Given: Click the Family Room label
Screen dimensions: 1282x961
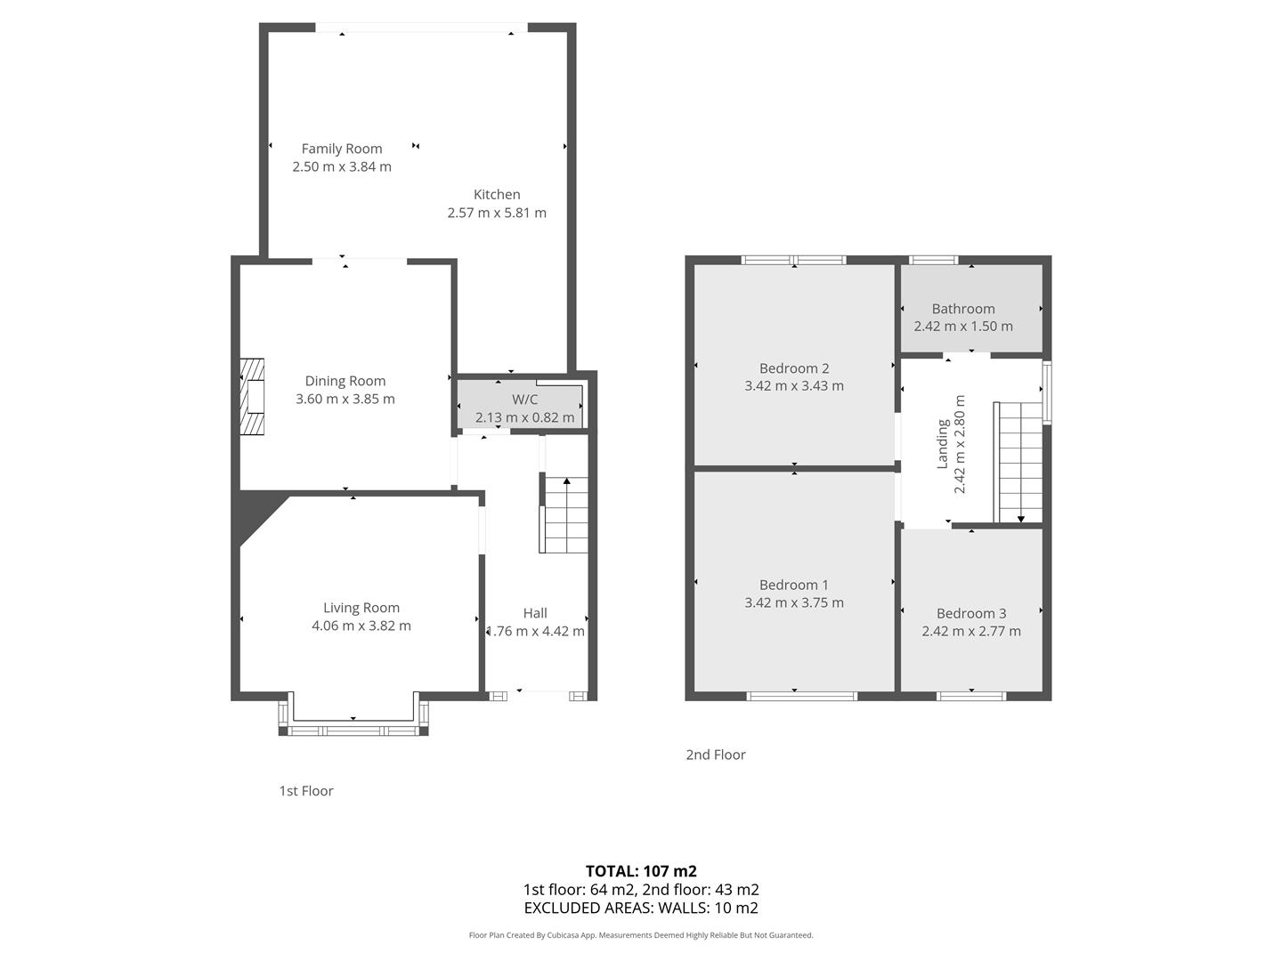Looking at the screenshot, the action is [342, 149].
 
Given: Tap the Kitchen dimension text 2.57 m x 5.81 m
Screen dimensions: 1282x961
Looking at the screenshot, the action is [497, 213].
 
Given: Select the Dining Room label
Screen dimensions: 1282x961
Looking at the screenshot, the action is [345, 381].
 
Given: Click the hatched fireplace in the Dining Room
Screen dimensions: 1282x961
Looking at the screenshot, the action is [252, 396].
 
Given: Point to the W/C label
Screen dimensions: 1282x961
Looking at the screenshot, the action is [524, 400].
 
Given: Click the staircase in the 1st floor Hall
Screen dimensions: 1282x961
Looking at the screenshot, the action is [564, 514].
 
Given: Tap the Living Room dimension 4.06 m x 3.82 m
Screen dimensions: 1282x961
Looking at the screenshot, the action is [361, 626].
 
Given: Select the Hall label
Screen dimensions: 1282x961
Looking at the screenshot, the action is [535, 613].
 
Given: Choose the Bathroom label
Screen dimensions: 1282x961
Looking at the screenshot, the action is [963, 309].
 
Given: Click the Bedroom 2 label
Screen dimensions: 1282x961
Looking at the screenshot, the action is [794, 368].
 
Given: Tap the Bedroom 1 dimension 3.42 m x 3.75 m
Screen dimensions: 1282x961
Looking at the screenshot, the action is [794, 602].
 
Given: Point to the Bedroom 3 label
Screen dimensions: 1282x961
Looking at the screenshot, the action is [971, 613].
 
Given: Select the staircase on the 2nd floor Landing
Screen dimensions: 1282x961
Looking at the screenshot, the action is [1018, 462].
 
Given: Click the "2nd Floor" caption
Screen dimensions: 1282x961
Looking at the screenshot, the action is [716, 755].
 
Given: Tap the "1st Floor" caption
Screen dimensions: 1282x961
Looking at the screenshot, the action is [306, 791].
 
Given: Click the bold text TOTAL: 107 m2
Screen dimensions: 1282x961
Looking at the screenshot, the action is [641, 871].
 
